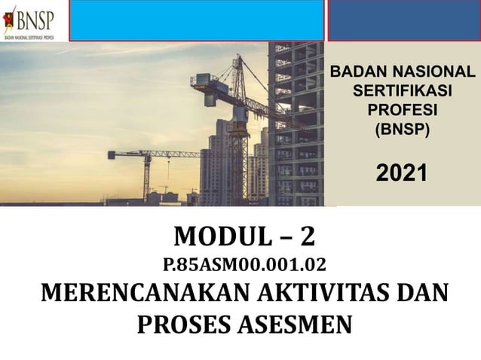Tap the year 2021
point(402,172)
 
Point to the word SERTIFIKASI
point(402,91)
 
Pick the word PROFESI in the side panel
point(402,110)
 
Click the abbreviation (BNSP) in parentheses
point(402,129)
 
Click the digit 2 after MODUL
point(307,237)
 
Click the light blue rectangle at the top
point(196,20)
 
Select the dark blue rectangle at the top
point(403,20)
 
